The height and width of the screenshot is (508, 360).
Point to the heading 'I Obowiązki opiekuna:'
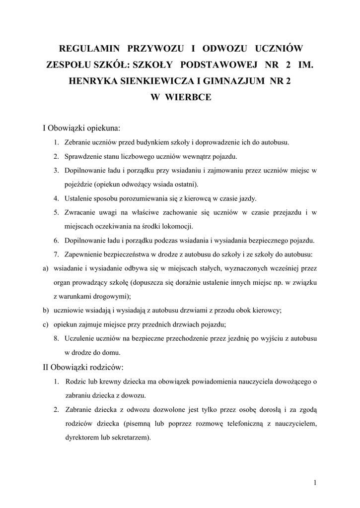coord(81,128)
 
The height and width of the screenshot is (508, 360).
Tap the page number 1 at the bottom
coord(315,482)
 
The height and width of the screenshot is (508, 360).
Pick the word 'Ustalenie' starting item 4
coord(78,198)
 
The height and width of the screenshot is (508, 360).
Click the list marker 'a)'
coord(46,269)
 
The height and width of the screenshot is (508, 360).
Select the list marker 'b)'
coord(46,311)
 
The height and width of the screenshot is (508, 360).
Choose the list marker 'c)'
coord(46,325)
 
